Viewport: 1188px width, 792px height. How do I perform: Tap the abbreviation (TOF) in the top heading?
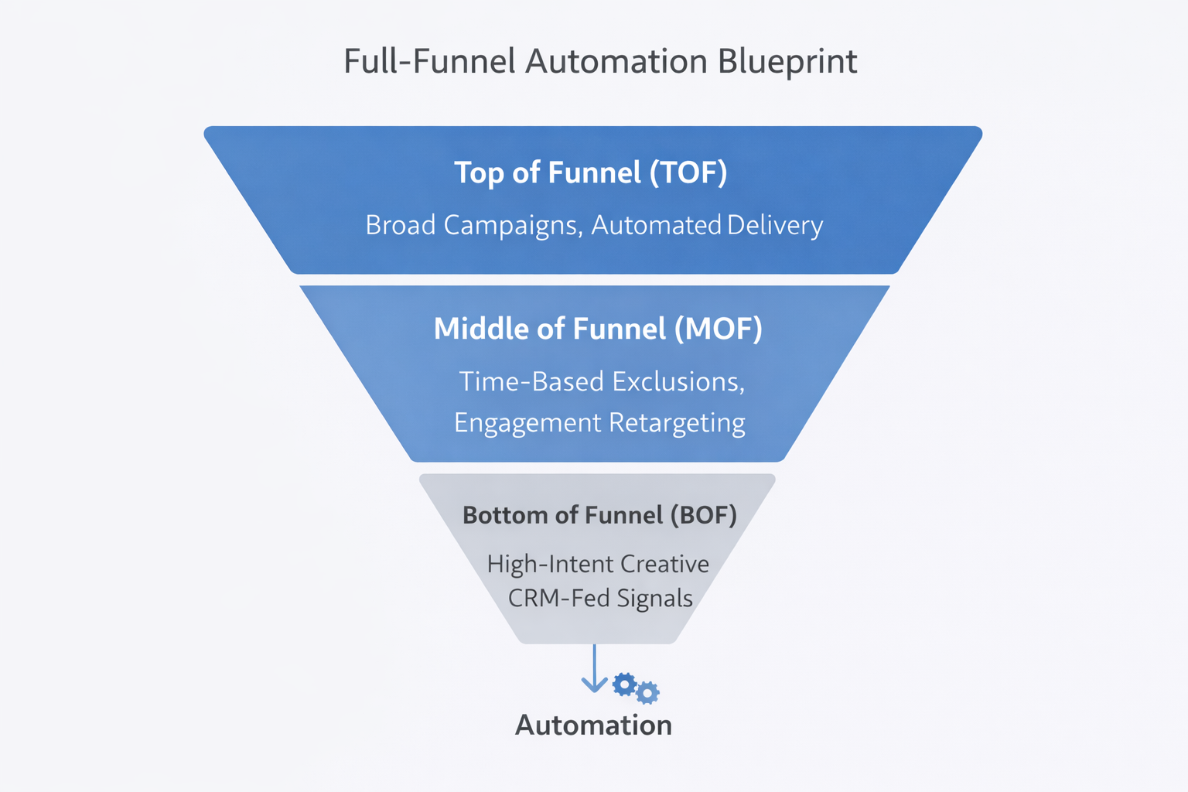tap(688, 172)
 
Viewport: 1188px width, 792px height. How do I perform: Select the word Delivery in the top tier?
tap(775, 225)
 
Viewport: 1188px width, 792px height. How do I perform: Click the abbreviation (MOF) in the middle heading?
tap(719, 329)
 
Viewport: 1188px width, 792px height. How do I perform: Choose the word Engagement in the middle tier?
tap(527, 423)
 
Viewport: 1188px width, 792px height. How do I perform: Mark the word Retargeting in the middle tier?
tap(677, 423)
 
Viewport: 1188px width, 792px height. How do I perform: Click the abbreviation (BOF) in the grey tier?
tap(703, 515)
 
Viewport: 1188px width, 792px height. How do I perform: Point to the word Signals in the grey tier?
tap(654, 599)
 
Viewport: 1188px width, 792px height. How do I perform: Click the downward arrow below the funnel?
tap(594, 670)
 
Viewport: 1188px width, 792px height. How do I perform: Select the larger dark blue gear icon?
tap(624, 684)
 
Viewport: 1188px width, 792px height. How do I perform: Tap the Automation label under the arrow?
tap(593, 725)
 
